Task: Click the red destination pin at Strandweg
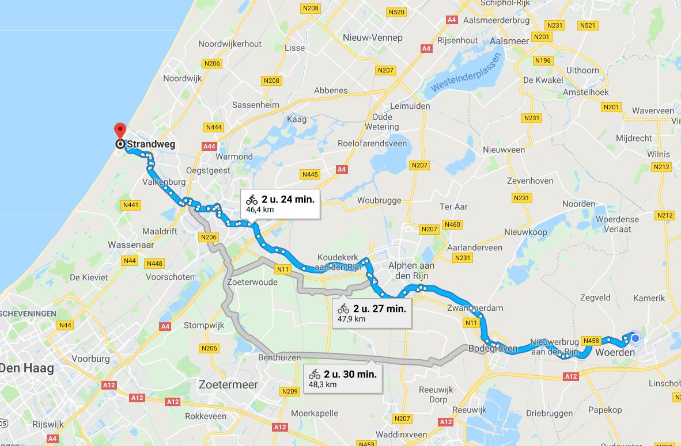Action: pos(120,131)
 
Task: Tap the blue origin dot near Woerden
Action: pos(635,338)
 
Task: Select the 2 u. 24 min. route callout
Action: pos(280,204)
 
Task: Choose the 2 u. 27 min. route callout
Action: pos(372,312)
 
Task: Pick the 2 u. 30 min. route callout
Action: pos(343,378)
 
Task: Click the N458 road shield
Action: pos(591,341)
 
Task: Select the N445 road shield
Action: pos(310,174)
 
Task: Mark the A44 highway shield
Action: pos(209,147)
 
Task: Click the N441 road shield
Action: pos(131,205)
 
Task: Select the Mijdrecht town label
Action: pos(634,138)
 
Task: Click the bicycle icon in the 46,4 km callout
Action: pos(252,200)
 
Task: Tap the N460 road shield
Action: pos(452,224)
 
